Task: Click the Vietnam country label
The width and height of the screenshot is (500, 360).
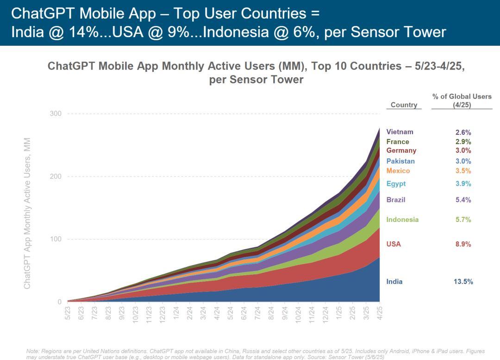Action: coord(400,132)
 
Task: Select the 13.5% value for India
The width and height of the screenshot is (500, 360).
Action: coord(463,282)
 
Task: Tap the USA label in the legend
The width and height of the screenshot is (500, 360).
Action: coord(394,244)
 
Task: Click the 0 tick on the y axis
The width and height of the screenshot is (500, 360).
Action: coord(59,302)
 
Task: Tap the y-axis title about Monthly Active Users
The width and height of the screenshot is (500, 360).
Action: coord(27,213)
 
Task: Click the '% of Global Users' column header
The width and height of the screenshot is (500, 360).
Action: coord(462,101)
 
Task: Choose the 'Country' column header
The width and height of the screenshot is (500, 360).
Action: coord(404,105)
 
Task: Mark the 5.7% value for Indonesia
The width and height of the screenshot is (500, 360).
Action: coord(463,220)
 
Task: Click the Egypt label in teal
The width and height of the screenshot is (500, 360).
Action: coord(396,184)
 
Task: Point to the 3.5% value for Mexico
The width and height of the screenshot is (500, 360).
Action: coord(463,171)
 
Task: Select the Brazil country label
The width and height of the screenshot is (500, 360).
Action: coord(396,200)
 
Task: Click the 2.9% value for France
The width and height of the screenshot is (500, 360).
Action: coord(463,142)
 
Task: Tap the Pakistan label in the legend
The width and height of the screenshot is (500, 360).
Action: coord(400,161)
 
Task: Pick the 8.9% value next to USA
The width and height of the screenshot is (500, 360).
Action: coord(463,244)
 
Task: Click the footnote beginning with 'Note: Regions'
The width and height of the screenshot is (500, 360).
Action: coord(250,354)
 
